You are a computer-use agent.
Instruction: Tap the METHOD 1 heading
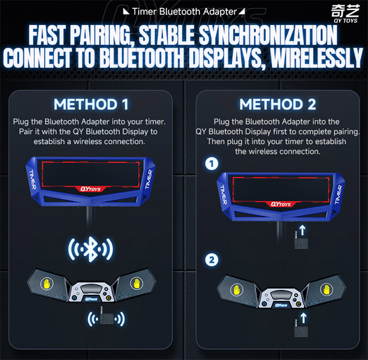tap(91, 104)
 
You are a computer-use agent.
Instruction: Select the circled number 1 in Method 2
tap(211, 165)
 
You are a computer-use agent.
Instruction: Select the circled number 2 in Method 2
tap(211, 260)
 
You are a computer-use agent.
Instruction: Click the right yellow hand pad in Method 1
tap(136, 281)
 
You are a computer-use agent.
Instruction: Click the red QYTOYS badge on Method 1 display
tap(91, 190)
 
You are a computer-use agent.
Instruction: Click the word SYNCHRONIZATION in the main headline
tap(271, 36)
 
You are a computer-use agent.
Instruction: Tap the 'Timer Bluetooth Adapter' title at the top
tap(184, 10)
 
